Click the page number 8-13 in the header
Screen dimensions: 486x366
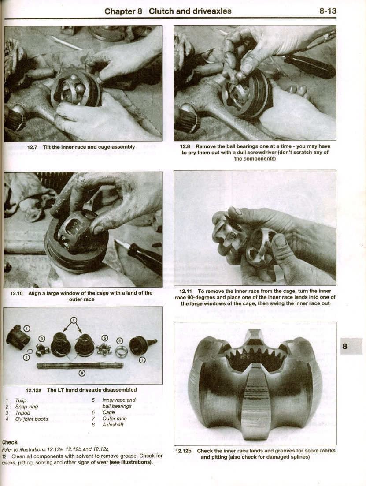pyautogui.click(x=328, y=11)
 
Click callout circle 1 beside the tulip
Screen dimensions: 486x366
pyautogui.click(x=26, y=329)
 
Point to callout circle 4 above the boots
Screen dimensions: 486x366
pyautogui.click(x=74, y=319)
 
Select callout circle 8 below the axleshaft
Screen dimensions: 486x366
pyautogui.click(x=81, y=374)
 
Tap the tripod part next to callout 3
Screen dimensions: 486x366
pyautogui.click(x=43, y=350)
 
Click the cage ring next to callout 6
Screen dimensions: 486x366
pyautogui.click(x=121, y=352)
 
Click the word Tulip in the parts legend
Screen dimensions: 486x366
pyautogui.click(x=21, y=400)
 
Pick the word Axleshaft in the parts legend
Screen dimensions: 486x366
pyautogui.click(x=113, y=425)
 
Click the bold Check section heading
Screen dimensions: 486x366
pyautogui.click(x=10, y=442)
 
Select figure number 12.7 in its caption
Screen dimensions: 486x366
pyautogui.click(x=33, y=147)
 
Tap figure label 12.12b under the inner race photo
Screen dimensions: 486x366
pyautogui.click(x=183, y=451)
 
